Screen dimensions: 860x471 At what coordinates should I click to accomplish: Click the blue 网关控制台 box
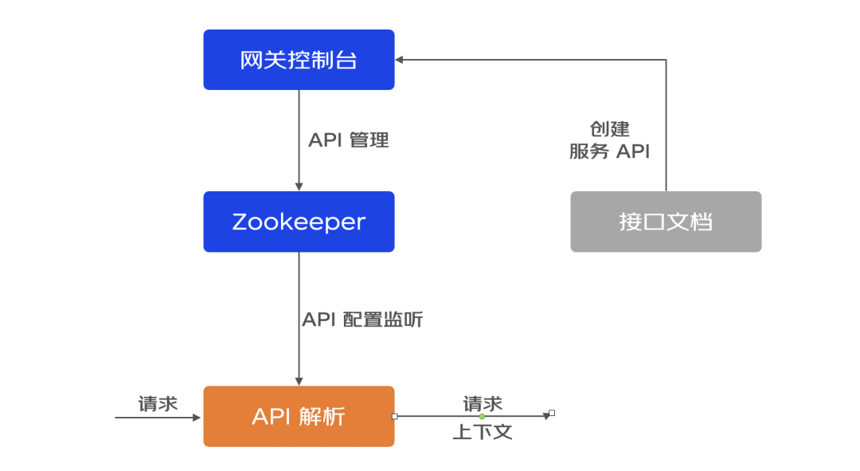(x=299, y=59)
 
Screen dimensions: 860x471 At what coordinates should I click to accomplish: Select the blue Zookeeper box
(x=299, y=222)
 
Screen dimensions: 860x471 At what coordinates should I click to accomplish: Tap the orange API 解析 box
(x=299, y=416)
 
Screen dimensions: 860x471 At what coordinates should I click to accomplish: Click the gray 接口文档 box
(x=666, y=222)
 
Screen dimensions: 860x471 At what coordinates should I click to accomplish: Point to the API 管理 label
(x=348, y=140)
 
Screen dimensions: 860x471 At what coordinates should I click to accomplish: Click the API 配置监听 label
(x=362, y=319)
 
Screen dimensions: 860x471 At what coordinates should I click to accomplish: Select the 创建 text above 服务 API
(x=609, y=129)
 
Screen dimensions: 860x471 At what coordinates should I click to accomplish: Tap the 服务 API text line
(x=609, y=151)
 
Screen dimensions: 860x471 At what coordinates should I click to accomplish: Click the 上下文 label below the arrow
(x=483, y=432)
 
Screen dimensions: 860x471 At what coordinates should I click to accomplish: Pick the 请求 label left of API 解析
(x=158, y=404)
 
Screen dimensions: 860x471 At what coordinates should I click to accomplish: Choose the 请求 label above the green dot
(x=483, y=404)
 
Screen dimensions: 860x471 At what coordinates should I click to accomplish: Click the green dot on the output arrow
(x=482, y=417)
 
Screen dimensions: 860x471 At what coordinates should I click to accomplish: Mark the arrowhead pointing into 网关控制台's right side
(x=399, y=59)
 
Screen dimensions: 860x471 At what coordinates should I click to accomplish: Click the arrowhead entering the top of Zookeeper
(x=299, y=187)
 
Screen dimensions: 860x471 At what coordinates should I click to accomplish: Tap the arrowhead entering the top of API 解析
(x=299, y=382)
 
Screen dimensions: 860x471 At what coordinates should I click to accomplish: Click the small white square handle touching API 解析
(x=394, y=417)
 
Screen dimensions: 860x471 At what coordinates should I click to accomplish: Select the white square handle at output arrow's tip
(x=552, y=413)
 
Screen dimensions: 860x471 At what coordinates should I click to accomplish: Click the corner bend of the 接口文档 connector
(x=666, y=59)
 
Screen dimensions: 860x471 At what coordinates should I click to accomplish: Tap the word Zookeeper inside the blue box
(x=299, y=222)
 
